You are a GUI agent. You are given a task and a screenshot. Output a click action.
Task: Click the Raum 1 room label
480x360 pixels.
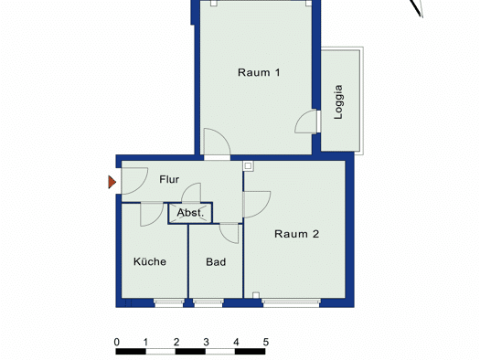pos(259,72)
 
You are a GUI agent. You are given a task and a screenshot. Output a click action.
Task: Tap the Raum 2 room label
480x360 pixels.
pos(296,234)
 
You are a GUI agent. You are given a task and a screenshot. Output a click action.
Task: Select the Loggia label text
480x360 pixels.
pos(338,101)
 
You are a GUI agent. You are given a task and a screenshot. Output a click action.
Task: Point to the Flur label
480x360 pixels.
pos(169,179)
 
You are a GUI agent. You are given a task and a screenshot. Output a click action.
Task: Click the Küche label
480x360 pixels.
pos(150,261)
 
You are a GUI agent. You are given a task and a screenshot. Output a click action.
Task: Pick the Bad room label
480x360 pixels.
pos(216,262)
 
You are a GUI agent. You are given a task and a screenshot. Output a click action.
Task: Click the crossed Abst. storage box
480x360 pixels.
pos(190,213)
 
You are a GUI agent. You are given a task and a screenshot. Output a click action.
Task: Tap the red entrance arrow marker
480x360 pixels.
pos(112,182)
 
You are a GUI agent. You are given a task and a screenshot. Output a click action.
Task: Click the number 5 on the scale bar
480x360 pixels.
pos(266,342)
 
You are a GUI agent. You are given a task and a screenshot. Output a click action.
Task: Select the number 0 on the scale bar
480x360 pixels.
pos(117,342)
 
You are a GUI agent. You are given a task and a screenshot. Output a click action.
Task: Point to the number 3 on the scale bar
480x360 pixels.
pos(206,342)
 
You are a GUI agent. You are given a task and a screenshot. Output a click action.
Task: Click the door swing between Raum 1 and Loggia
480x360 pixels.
pos(306,122)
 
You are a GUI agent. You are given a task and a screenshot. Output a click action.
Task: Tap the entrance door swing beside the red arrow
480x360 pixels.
pos(134,181)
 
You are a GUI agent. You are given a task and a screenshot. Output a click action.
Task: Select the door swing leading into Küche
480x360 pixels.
pos(152,214)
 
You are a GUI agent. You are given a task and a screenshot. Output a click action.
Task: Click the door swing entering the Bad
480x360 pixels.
pos(229,233)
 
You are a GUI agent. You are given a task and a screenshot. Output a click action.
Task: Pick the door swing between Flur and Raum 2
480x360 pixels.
pos(257,205)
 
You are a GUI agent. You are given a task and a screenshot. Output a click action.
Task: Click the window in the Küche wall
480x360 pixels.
pos(168,302)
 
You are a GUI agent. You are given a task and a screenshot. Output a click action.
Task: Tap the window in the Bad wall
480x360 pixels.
pos(208,302)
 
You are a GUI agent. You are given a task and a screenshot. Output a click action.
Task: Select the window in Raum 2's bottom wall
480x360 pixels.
pos(291,302)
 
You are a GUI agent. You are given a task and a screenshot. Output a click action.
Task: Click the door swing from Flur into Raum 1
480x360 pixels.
pos(217,142)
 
